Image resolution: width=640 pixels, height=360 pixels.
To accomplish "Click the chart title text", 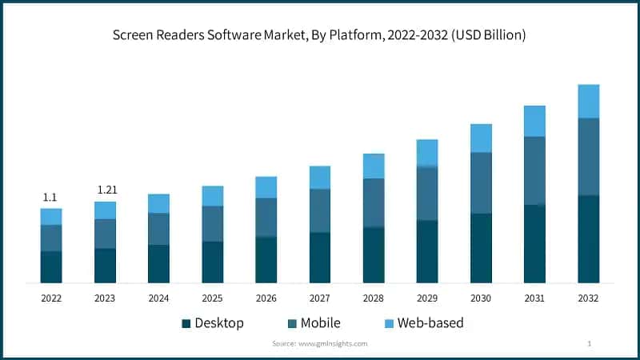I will pos(320,36).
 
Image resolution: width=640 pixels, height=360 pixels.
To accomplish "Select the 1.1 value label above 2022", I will pos(50,197).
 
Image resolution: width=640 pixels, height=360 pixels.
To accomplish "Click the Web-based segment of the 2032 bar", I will pos(589,101).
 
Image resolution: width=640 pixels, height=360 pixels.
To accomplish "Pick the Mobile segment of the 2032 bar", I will pos(589,156).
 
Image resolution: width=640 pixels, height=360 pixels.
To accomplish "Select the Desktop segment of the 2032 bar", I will pos(589,238).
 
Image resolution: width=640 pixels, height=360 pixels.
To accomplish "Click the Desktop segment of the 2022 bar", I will pos(51,266).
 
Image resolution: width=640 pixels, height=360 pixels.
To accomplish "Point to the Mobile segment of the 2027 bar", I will pos(320,210).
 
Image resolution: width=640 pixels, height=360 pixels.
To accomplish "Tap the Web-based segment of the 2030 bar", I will pos(481,138).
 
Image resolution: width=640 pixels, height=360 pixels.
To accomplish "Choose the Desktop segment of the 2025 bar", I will pos(212,262).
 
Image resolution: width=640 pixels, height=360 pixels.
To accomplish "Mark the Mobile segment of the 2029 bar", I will pos(427,193).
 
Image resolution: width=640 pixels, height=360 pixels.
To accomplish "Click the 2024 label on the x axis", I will pos(158,298).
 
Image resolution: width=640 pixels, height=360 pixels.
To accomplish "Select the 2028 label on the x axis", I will pos(374,298).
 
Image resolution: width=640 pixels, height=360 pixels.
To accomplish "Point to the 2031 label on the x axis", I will pos(534,298).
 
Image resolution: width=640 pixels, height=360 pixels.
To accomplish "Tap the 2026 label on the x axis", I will pos(266,298).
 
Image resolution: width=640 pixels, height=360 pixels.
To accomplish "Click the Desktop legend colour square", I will pos(186,324).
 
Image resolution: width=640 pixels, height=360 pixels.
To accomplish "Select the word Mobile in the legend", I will pos(320,323).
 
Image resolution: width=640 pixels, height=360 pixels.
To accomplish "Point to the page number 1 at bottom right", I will pos(589,343).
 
